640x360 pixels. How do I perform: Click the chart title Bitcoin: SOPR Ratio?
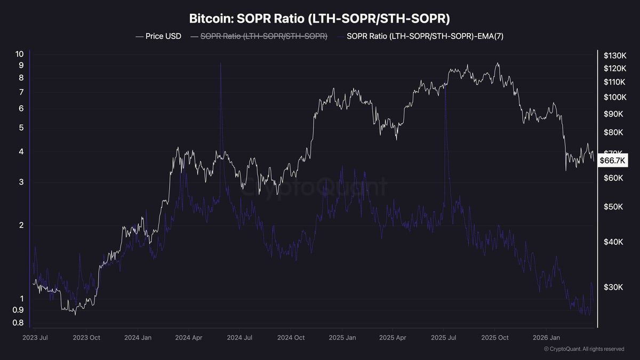click(320, 19)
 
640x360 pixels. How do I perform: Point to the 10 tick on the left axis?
click(20, 54)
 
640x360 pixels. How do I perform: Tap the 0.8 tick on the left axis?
click(18, 323)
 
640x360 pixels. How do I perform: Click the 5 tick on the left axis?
click(21, 127)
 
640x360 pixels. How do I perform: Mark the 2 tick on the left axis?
click(21, 225)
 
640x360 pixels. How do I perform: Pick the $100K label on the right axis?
click(614, 97)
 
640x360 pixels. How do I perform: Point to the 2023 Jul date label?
click(36, 338)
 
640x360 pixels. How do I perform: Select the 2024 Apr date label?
click(189, 338)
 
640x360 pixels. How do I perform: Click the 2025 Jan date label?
click(342, 338)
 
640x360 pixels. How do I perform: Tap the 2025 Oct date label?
click(495, 338)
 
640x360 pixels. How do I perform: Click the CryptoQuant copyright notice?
click(584, 349)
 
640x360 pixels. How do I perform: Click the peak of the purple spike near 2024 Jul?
click(220, 63)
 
